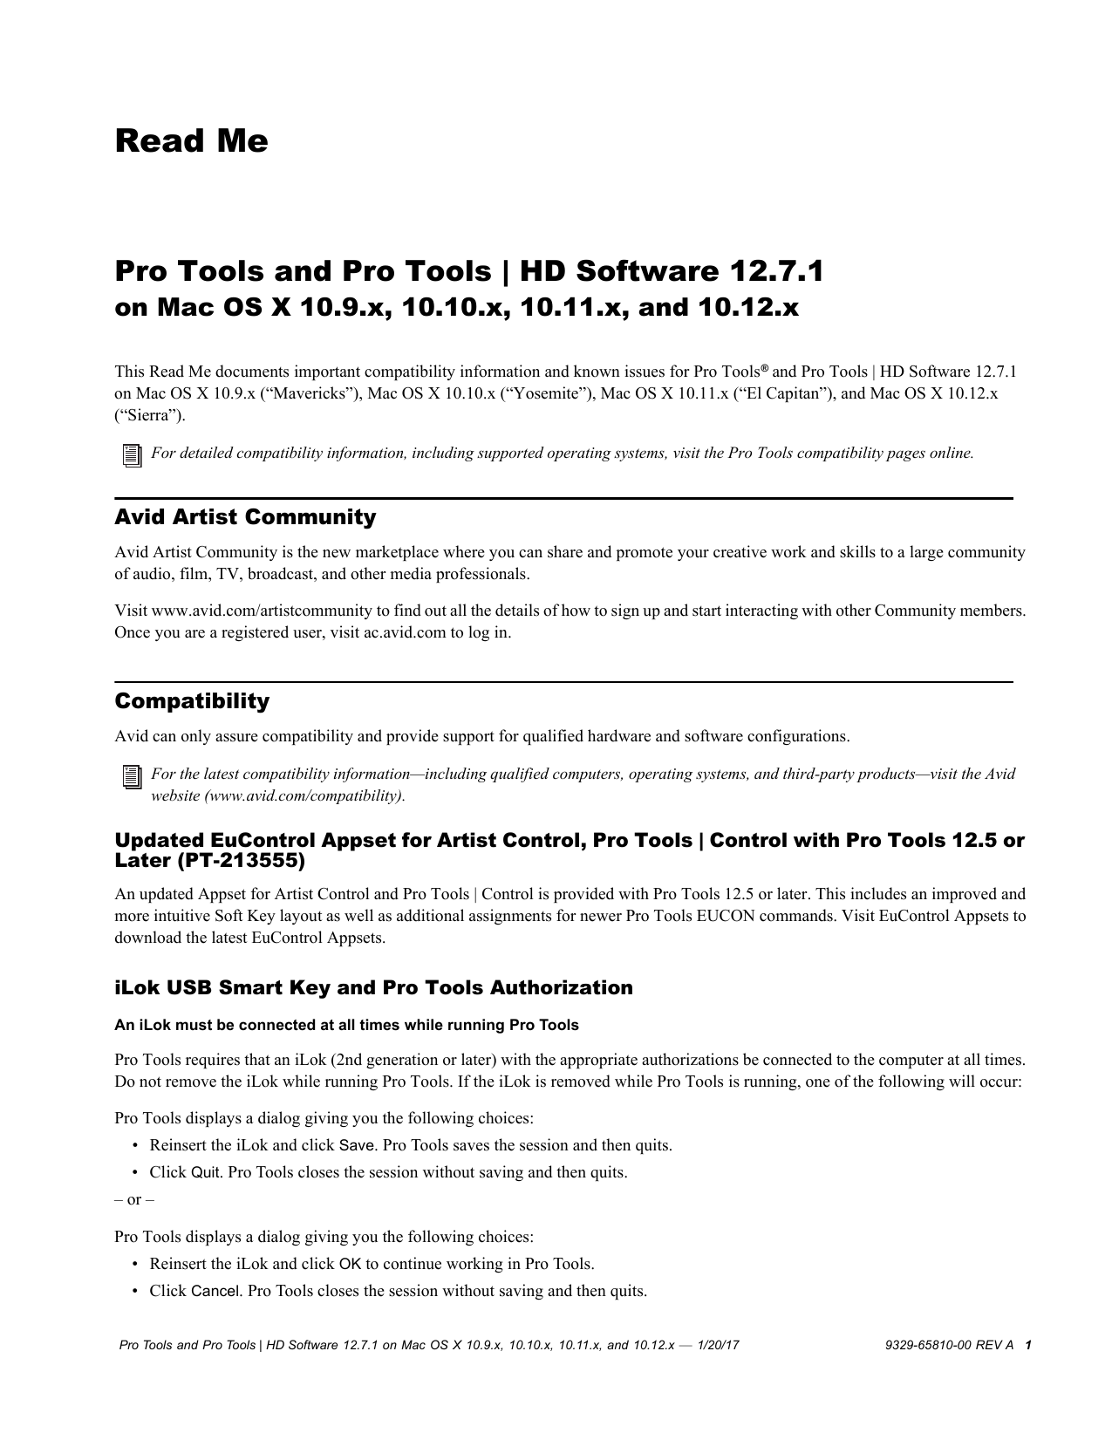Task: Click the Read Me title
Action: [x=191, y=141]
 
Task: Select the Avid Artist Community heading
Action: [x=245, y=517]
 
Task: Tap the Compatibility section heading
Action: [x=192, y=701]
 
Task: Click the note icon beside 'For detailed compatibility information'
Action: [x=131, y=454]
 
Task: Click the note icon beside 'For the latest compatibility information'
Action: [x=131, y=775]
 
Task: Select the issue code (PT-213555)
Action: [x=241, y=862]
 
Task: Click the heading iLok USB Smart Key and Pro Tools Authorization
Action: [x=373, y=987]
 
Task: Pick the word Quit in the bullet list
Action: [x=205, y=1172]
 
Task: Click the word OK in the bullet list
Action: [x=350, y=1264]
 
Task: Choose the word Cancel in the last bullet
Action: [x=215, y=1291]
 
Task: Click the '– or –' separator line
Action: [x=134, y=1199]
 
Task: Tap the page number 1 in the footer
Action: [x=1029, y=1346]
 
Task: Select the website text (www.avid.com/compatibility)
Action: [x=304, y=795]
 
